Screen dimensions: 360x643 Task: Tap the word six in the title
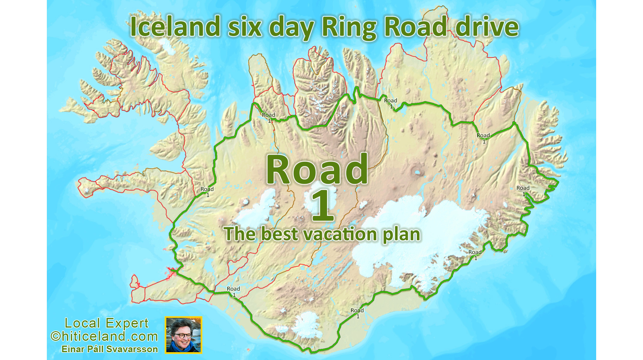(x=245, y=27)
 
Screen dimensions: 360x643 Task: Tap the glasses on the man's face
(x=182, y=336)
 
